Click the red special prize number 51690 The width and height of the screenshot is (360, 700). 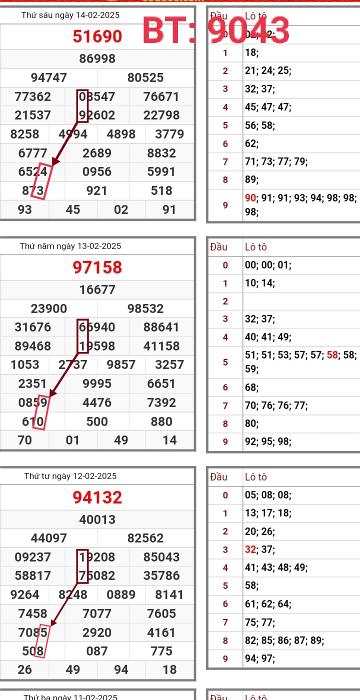pos(97,36)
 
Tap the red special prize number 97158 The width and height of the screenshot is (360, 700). pos(97,267)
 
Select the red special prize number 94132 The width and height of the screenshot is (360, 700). pos(97,497)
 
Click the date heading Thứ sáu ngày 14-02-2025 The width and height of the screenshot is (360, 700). pos(70,15)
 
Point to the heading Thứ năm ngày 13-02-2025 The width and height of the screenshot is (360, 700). pos(70,246)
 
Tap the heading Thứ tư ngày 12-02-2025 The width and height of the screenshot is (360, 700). pos(70,476)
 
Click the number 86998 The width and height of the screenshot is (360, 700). pos(97,59)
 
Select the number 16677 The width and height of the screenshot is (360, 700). pos(97,289)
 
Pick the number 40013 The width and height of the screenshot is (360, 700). pos(97,519)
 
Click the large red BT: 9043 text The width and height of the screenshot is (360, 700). pos(216,30)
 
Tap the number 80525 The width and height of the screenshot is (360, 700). pos(145,77)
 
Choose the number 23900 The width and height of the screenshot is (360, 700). pos(49,308)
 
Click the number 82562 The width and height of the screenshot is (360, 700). pos(145,538)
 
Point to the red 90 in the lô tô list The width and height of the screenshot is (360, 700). pos(250,198)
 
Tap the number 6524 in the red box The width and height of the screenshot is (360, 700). pos(33,171)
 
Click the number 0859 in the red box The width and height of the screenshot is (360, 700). pos(33,402)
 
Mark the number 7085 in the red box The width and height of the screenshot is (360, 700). pos(33,632)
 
